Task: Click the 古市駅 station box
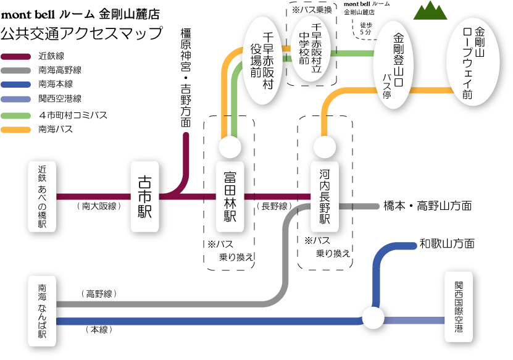pyautogui.click(x=145, y=196)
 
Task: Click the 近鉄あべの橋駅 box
pyautogui.click(x=42, y=196)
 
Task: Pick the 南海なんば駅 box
pyautogui.click(x=42, y=311)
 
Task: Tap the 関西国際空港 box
pyautogui.click(x=459, y=307)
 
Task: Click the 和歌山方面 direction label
pyautogui.click(x=447, y=243)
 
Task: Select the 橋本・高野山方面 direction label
pyautogui.click(x=427, y=206)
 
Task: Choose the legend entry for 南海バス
pyautogui.click(x=56, y=129)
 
